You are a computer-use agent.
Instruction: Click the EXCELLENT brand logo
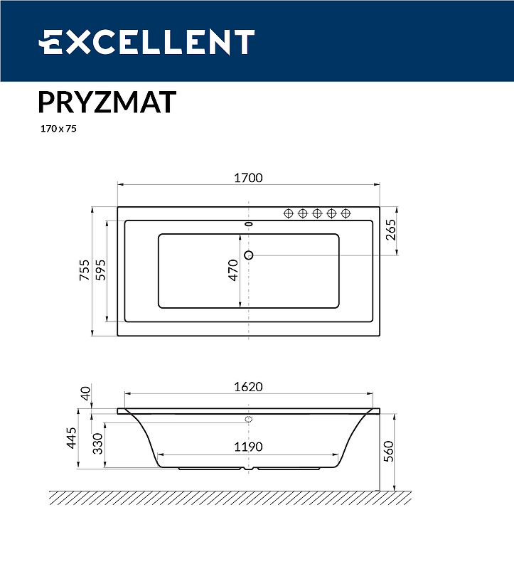pos(146,42)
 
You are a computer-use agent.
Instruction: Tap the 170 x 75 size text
pos(58,129)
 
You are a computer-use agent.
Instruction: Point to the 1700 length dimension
pos(249,179)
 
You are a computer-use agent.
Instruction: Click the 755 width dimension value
pos(85,271)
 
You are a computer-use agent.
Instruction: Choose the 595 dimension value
pos(100,271)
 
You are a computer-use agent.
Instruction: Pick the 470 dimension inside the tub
pos(234,271)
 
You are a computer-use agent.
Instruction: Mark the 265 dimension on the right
pos(390,230)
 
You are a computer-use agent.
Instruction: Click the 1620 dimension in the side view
pos(249,387)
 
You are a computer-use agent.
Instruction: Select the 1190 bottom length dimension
pos(249,447)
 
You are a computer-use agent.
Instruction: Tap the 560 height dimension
pos(387,451)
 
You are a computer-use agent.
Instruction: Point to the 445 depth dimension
pos(71,439)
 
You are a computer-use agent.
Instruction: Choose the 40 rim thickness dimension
pos(85,393)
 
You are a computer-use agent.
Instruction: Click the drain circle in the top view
pos(249,255)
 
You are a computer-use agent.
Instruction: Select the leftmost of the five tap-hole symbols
pos(289,213)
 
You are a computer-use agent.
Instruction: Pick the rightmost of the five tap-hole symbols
pos(346,213)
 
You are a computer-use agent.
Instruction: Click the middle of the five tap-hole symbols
pos(317,213)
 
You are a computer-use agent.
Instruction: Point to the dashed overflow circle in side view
pos(249,419)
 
